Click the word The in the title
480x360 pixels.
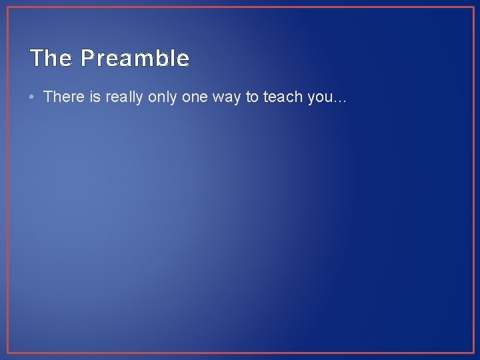tap(51, 59)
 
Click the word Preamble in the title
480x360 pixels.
tap(135, 59)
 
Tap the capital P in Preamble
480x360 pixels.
tap(87, 59)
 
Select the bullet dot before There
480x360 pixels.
tap(33, 97)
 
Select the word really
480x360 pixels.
tap(123, 97)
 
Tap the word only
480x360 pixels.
tap(163, 97)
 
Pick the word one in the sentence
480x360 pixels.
tap(195, 97)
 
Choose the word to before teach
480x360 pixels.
tap(253, 97)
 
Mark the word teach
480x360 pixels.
tap(283, 97)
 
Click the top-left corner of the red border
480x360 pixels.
tap(7, 7)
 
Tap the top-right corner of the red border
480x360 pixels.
tap(473, 7)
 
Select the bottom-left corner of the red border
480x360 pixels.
tap(7, 353)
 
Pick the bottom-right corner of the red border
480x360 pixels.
tap(473, 353)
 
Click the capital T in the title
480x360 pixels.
tap(37, 59)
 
